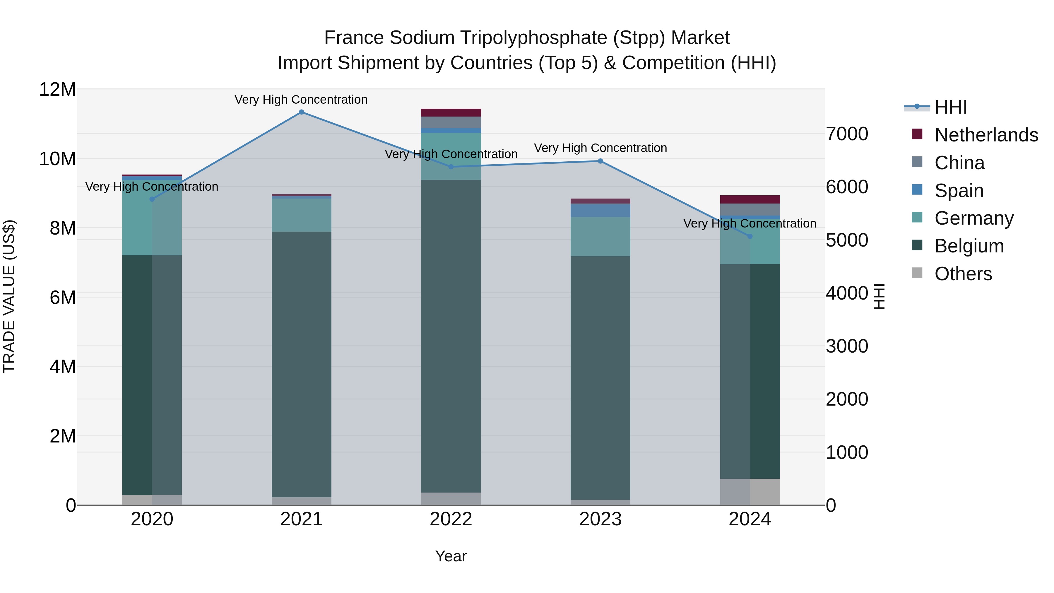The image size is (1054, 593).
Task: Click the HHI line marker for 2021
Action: point(302,112)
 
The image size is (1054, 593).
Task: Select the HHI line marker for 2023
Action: point(600,161)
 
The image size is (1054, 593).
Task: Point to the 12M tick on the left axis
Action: point(57,89)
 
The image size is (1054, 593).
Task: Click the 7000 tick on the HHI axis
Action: point(846,134)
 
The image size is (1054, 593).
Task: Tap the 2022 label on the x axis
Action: point(451,519)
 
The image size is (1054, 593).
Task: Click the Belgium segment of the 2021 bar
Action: point(302,364)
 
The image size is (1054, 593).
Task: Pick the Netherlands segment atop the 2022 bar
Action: point(451,112)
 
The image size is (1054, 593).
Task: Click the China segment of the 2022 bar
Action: point(451,122)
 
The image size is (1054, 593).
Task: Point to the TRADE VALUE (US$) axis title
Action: point(9,296)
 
